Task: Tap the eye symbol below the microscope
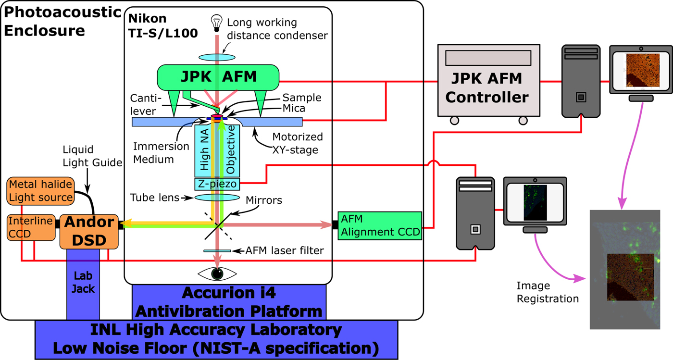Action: (x=217, y=273)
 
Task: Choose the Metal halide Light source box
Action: (x=41, y=191)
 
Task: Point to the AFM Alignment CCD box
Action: (x=379, y=225)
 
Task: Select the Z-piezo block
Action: (x=216, y=184)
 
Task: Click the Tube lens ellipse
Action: (x=217, y=198)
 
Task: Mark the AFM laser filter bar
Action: (x=217, y=250)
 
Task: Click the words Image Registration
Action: (x=548, y=292)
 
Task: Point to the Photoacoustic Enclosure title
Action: (x=62, y=22)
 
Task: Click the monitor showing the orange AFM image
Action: (x=640, y=70)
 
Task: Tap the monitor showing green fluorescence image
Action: (x=535, y=202)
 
